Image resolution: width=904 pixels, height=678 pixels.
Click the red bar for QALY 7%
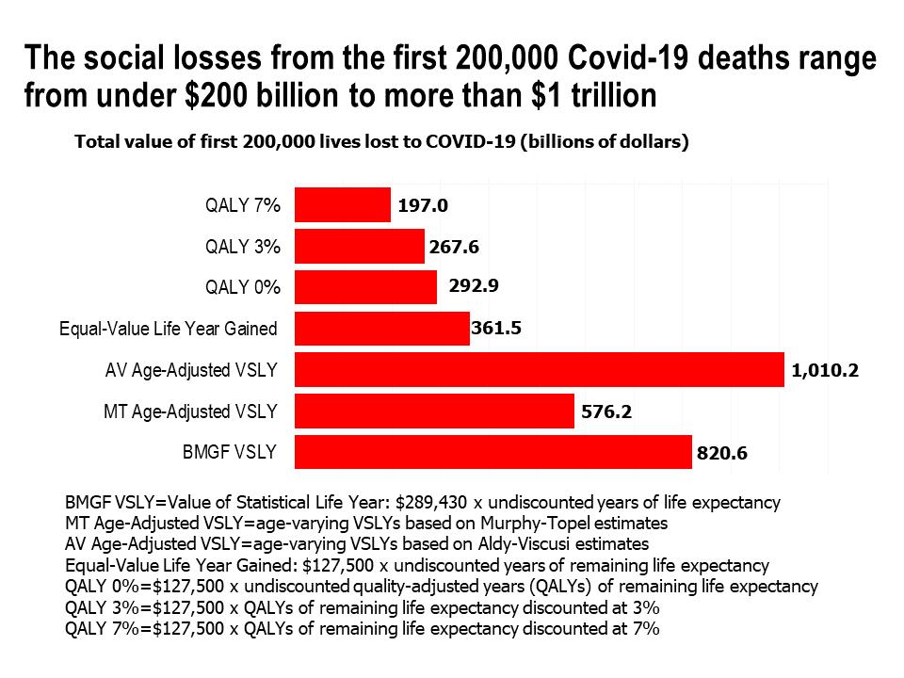(342, 205)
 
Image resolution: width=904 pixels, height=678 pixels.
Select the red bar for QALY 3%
(359, 247)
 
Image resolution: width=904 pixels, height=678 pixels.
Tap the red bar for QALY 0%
(365, 287)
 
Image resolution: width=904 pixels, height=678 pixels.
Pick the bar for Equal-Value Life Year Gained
(381, 329)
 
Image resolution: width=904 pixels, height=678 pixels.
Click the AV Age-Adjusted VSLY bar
(539, 369)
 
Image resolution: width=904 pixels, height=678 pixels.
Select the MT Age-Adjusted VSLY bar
(434, 412)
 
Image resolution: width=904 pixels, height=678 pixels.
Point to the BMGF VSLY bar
(492, 452)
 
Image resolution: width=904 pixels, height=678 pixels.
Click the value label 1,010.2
(825, 371)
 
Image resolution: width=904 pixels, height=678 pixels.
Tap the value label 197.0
(422, 206)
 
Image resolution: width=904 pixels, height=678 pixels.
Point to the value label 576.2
(605, 412)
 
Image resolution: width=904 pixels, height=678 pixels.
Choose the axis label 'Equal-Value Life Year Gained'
(169, 329)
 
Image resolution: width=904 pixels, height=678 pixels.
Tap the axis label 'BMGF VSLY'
(230, 452)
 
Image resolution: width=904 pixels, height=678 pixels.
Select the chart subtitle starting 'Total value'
(381, 142)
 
